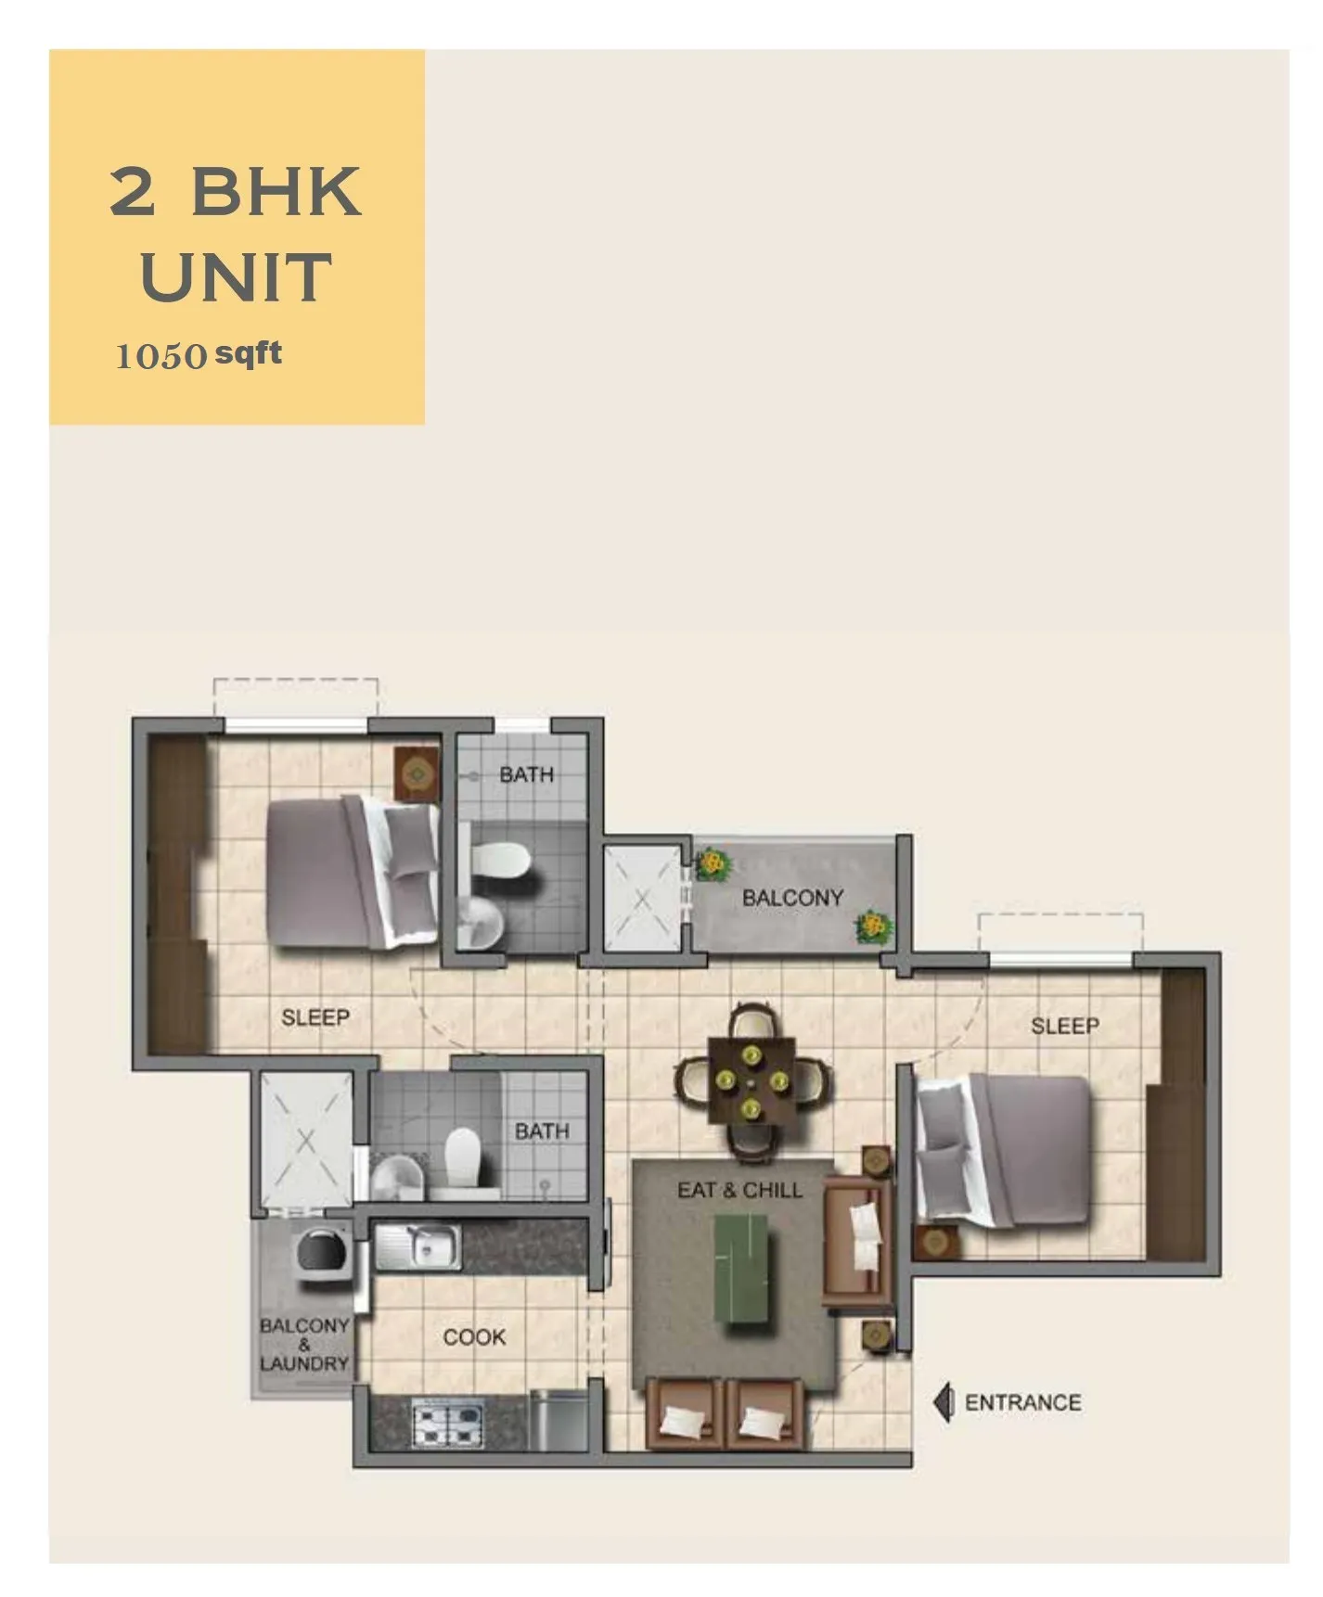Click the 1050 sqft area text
[199, 354]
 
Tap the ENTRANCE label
[1022, 1402]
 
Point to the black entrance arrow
[943, 1402]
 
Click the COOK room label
[474, 1337]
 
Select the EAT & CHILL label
[739, 1190]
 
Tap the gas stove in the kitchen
[449, 1424]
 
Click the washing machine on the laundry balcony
[322, 1249]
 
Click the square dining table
[751, 1080]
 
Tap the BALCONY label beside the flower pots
[793, 898]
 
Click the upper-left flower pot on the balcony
[712, 864]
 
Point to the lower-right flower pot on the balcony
[873, 926]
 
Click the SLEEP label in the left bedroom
[315, 1017]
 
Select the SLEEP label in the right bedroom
[1065, 1026]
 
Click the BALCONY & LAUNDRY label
[304, 1345]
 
